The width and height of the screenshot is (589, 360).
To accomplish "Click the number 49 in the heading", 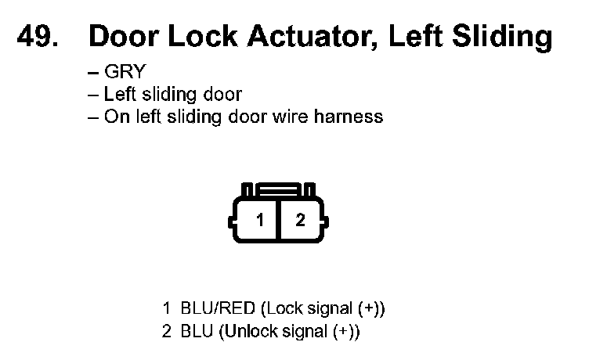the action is pos(38,37).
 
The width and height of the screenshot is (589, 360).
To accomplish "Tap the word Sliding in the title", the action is pos(504,37).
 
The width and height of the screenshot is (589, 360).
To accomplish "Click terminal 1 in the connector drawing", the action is pos(260,220).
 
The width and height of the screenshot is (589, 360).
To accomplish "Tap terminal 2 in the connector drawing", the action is pos(300,220).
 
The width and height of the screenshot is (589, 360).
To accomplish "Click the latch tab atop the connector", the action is pos(280,189).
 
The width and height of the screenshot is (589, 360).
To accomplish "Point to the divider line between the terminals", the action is pos(280,220).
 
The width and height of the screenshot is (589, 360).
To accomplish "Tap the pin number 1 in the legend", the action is pos(166,308).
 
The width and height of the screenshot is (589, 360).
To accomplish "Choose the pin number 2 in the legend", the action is pos(166,331).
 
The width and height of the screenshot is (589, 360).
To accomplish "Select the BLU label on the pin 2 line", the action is pos(196,331).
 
